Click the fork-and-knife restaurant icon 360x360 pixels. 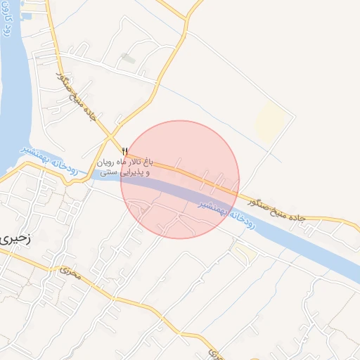pos(124,150)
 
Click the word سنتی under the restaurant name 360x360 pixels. pos(108,172)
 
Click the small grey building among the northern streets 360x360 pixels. pos(127,57)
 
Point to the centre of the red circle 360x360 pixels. pos(180,179)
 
